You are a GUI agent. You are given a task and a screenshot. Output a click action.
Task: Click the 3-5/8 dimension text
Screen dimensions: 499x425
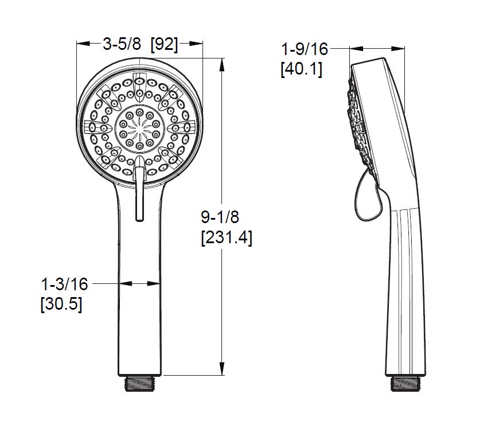122,44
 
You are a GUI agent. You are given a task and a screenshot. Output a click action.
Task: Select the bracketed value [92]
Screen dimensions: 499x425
164,44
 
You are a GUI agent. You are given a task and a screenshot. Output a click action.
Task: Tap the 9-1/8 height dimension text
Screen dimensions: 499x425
220,217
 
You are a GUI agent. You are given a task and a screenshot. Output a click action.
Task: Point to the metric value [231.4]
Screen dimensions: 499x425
227,237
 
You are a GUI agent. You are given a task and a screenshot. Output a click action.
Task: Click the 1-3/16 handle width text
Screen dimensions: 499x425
65,284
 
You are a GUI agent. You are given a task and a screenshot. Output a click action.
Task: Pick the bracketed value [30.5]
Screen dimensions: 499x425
61,304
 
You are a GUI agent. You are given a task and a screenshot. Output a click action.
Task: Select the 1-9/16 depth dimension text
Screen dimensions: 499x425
305,49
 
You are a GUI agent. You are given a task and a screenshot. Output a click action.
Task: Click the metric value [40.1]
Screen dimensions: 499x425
302,69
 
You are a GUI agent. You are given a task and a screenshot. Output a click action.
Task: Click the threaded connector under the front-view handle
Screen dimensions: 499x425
139,383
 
